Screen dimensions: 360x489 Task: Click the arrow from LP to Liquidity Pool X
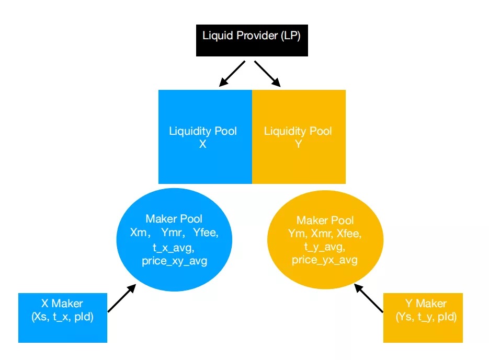point(232,73)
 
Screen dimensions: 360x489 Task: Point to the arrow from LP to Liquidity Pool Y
point(268,74)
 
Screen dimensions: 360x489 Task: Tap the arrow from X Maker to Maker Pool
point(121,298)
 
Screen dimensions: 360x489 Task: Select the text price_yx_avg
point(325,260)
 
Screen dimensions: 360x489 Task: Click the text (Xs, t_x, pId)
point(62,317)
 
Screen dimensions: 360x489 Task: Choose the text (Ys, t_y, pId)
point(426,317)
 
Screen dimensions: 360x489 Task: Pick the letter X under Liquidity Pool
point(202,144)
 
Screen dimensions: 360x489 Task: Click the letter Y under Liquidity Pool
point(298,144)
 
